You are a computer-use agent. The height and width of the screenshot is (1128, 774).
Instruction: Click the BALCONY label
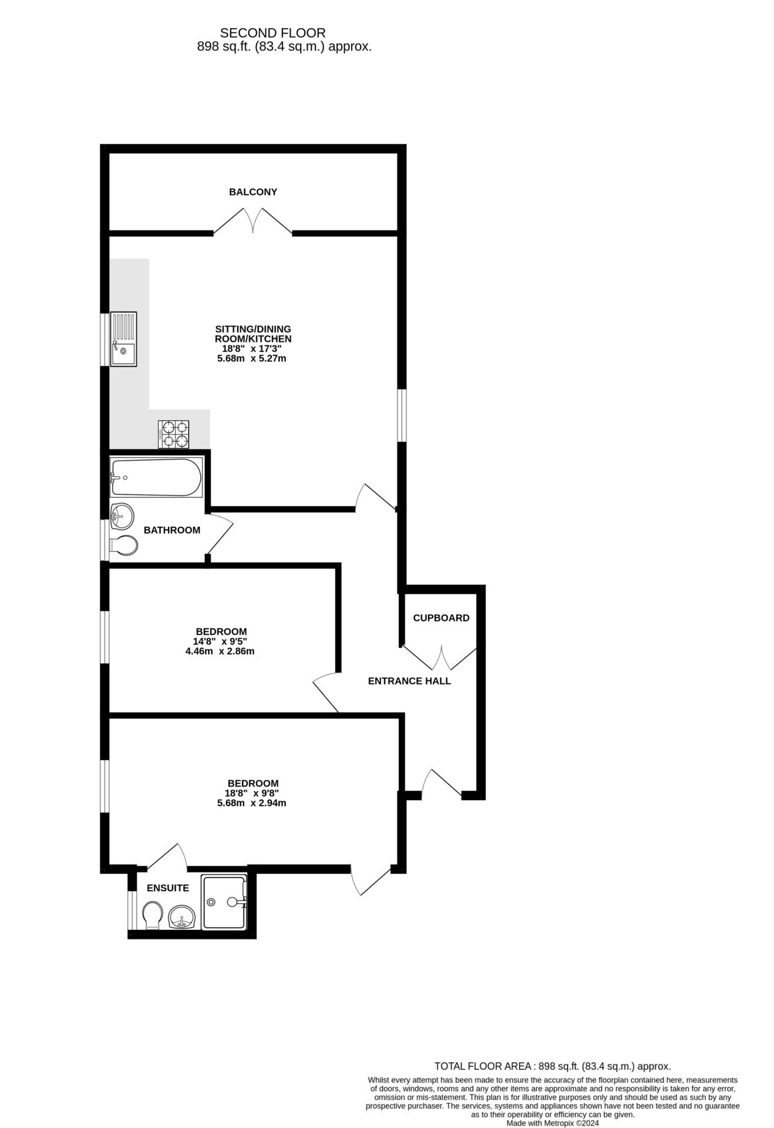[x=253, y=192]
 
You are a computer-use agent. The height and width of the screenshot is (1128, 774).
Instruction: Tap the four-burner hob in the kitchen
[x=173, y=435]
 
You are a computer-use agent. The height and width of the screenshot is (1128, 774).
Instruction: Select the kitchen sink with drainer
[x=123, y=340]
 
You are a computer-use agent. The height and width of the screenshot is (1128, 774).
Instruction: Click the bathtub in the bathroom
[x=156, y=478]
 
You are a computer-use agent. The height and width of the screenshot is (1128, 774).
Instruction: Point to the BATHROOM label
[x=172, y=531]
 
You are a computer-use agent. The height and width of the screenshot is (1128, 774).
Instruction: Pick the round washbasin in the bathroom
[x=122, y=516]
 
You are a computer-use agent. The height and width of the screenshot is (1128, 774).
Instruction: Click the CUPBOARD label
[x=441, y=618]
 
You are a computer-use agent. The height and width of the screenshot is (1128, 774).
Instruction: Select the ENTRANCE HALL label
[x=409, y=681]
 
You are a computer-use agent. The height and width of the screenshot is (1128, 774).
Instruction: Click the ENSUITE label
[x=168, y=888]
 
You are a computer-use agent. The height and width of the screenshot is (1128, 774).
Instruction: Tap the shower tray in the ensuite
[x=224, y=902]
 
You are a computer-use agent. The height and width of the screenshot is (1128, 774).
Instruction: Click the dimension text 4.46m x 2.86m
[x=220, y=652]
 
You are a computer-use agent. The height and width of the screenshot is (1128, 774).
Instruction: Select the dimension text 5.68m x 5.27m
[x=252, y=358]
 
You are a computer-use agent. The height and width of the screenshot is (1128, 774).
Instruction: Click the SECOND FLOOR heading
[x=272, y=33]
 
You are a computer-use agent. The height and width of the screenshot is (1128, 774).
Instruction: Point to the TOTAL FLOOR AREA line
[x=553, y=1066]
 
